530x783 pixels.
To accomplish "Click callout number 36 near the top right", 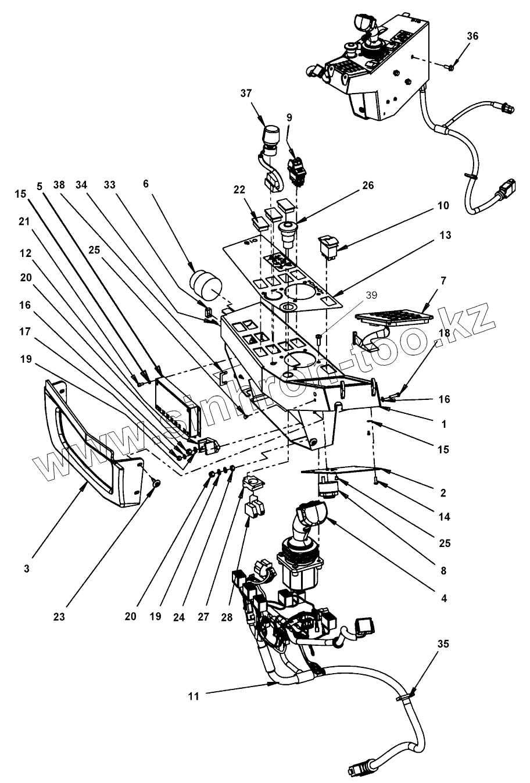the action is coord(472,36).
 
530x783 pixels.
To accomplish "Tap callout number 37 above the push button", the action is coord(246,94).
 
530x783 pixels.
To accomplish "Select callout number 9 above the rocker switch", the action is coord(289,117).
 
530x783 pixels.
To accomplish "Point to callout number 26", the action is coord(368,185).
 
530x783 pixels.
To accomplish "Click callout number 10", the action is coord(443,205).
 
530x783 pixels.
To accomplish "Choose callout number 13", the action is coord(446,235).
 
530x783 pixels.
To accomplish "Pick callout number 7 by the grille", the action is coord(443,280).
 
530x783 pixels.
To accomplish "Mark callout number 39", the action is coord(371,295).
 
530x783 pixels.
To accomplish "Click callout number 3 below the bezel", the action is coord(27,569).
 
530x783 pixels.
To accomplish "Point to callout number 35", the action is coord(443,643).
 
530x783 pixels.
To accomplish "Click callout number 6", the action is coord(146,184).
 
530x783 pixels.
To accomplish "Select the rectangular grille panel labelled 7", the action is coord(394,316).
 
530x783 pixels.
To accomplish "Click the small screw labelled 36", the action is coord(450,67).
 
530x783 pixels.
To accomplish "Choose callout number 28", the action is coord(227,617).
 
